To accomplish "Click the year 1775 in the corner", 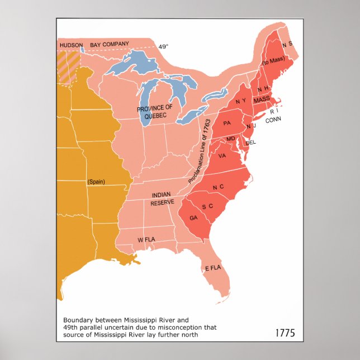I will point(285,333).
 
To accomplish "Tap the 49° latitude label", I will point(163,47).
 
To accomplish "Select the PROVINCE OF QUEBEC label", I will point(154,112).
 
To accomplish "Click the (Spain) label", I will point(97,181).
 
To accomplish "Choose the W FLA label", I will point(146,240).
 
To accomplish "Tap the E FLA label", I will point(213,268).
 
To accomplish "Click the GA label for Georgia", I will point(194,217).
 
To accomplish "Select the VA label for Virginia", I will point(222,156).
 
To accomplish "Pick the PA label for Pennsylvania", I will point(226,122).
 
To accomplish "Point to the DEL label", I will point(251,143).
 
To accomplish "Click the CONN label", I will point(273,120).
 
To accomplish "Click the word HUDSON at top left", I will point(72,45).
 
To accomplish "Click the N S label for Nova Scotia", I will point(287,45).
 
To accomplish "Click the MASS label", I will point(261,99).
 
